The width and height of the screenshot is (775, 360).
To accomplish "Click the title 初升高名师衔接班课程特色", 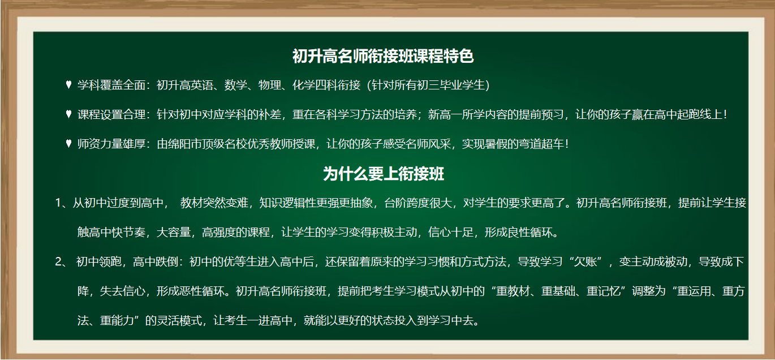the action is pos(383,56).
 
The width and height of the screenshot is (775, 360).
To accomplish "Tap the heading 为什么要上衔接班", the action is pos(384,174).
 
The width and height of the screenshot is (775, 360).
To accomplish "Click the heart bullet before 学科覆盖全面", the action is pos(68,84).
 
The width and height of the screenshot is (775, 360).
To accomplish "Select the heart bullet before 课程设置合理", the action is pos(68,114).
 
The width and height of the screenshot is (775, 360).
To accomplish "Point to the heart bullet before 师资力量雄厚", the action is pos(68,143).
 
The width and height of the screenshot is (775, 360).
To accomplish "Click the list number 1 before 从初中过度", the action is pos(58,203).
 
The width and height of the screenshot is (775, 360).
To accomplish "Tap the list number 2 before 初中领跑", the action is pos(58,262).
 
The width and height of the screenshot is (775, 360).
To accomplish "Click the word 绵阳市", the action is pos(185,144).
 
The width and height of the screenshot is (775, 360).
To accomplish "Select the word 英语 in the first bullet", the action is pos(202,85).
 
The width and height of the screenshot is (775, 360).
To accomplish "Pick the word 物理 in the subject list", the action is pos(270,85).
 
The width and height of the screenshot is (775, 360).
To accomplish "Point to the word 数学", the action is pos(236,85).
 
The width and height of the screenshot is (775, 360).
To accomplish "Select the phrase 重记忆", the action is pos(604,291).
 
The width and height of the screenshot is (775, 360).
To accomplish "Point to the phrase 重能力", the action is pos(117,320).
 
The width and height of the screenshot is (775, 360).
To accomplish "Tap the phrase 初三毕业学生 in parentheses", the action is pos(451,85).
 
